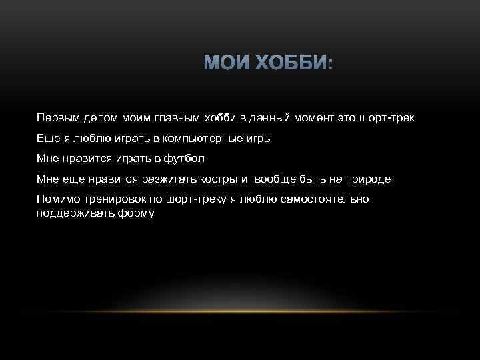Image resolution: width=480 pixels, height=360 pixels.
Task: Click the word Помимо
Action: pyautogui.click(x=59, y=199)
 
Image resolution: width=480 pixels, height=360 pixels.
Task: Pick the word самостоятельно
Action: pyautogui.click(x=321, y=199)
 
